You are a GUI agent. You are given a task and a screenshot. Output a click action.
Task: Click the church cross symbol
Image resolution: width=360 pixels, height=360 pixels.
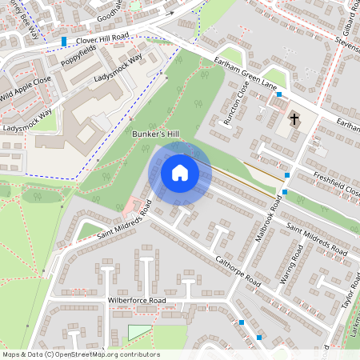[x=294, y=120]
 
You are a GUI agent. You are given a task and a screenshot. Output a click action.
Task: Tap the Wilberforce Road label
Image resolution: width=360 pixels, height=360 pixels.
[x=136, y=301]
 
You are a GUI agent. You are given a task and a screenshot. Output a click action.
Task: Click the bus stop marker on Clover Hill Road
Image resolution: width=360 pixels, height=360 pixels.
[x=64, y=42]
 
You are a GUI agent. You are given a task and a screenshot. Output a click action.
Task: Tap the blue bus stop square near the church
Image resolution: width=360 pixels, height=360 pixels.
[x=278, y=95]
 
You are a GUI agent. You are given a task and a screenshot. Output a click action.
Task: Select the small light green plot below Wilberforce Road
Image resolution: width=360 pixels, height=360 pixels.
[x=139, y=332]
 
